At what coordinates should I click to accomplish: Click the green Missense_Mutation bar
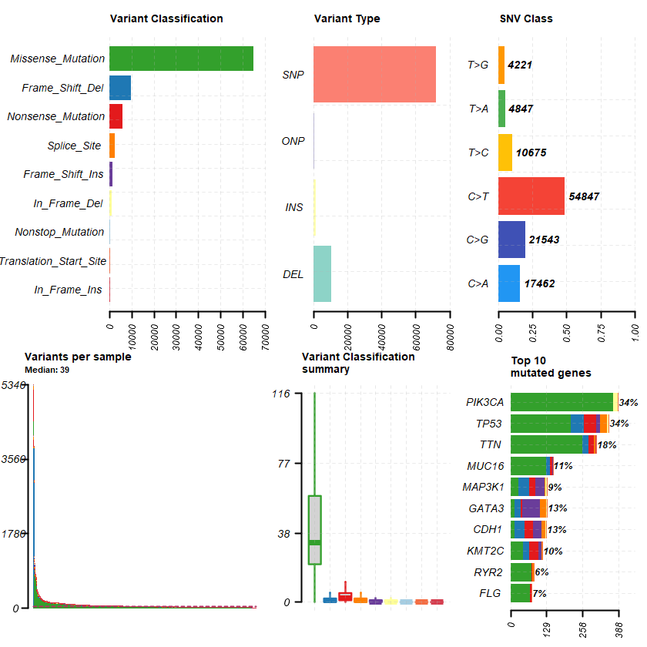coord(181,59)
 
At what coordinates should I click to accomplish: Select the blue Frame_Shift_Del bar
coord(120,88)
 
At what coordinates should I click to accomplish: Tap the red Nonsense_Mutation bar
coord(116,116)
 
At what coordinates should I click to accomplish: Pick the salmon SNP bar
coord(374,75)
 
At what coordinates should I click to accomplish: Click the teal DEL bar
coord(322,274)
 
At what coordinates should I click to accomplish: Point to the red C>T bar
coord(531,196)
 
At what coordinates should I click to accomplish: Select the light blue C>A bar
coord(509,283)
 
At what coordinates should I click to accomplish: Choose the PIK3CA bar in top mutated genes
coord(562,402)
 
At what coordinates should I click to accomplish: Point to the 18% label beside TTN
coord(608,445)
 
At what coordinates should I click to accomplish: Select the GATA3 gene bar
coord(528,508)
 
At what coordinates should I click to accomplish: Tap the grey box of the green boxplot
coord(314,530)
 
